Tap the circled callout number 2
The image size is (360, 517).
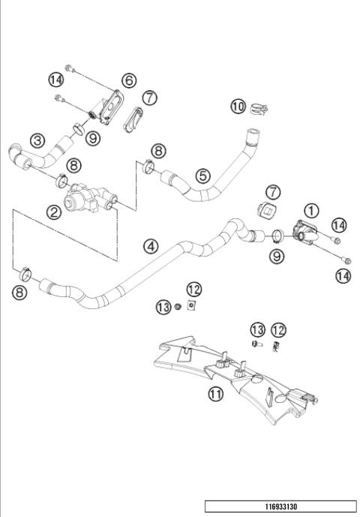(54, 212)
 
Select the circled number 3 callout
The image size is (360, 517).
(37, 140)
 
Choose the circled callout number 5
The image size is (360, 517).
(202, 176)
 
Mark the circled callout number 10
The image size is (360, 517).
(238, 107)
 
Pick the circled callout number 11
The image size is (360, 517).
(215, 393)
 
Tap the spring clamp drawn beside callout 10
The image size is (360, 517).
(259, 109)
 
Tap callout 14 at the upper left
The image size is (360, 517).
(55, 79)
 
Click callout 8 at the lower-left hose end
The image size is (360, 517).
(19, 292)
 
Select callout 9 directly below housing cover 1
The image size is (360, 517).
(278, 256)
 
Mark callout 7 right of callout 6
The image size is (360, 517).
(149, 98)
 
